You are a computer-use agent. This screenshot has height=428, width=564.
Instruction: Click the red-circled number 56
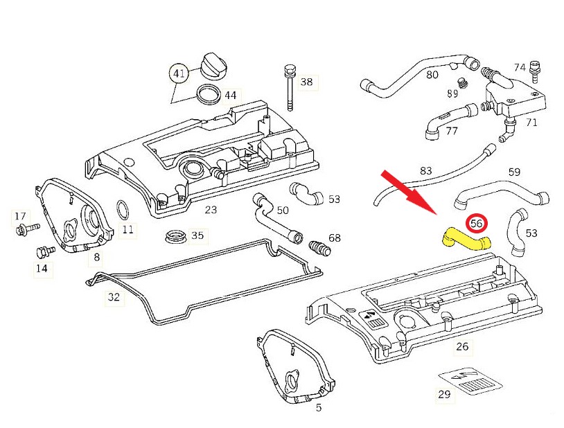coord(477,224)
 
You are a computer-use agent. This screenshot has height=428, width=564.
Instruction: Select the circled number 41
coord(180,73)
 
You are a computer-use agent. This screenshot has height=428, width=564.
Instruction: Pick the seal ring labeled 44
coord(206,93)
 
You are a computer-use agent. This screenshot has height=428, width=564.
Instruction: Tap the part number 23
coord(211,209)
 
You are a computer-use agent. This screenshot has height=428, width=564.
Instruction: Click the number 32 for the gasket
coord(114,298)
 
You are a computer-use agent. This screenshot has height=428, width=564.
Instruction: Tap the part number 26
coord(462,347)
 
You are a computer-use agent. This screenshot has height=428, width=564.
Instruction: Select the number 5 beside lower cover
coord(318,408)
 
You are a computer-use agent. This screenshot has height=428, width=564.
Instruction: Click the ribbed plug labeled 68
coord(318,247)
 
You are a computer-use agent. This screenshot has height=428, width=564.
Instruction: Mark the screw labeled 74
coord(534,71)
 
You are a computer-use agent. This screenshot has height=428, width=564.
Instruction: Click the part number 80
coord(432,74)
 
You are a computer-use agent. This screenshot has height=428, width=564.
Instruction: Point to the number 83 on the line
coord(425,171)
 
